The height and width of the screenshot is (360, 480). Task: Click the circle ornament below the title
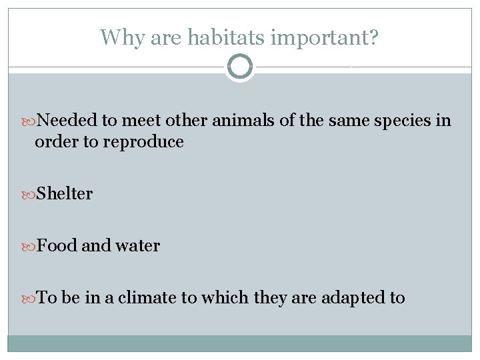pyautogui.click(x=239, y=67)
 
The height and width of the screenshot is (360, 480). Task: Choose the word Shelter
pyautogui.click(x=65, y=194)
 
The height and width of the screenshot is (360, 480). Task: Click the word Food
pyautogui.click(x=57, y=246)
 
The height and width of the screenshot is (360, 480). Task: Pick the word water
pyautogui.click(x=137, y=246)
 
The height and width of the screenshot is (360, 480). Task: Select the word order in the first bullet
pyautogui.click(x=53, y=142)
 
